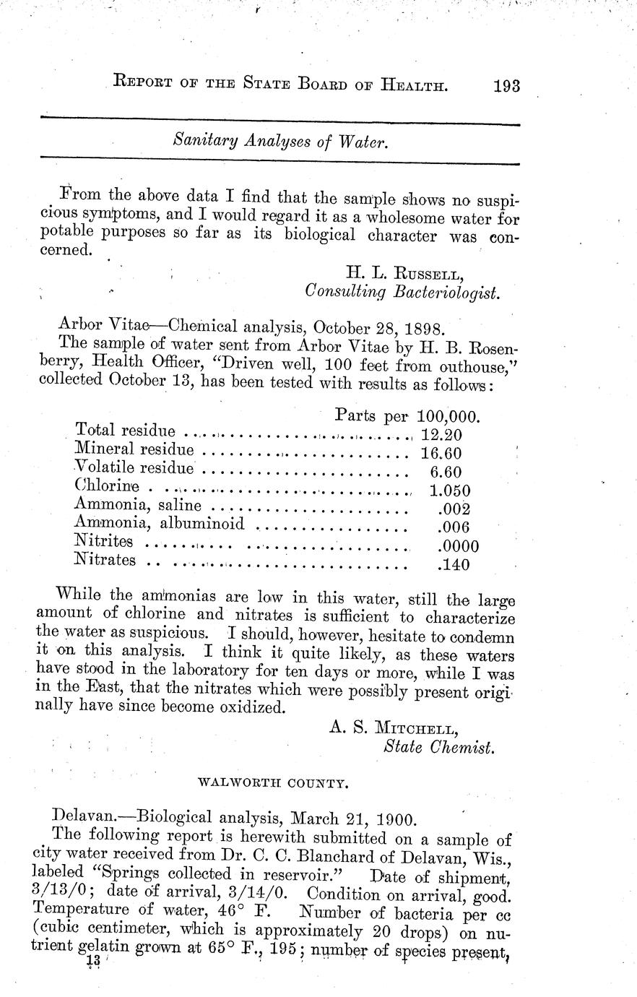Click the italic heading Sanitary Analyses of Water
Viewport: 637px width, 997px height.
282,142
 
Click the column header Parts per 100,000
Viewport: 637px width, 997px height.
408,416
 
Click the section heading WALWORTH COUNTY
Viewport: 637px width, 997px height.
273,782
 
